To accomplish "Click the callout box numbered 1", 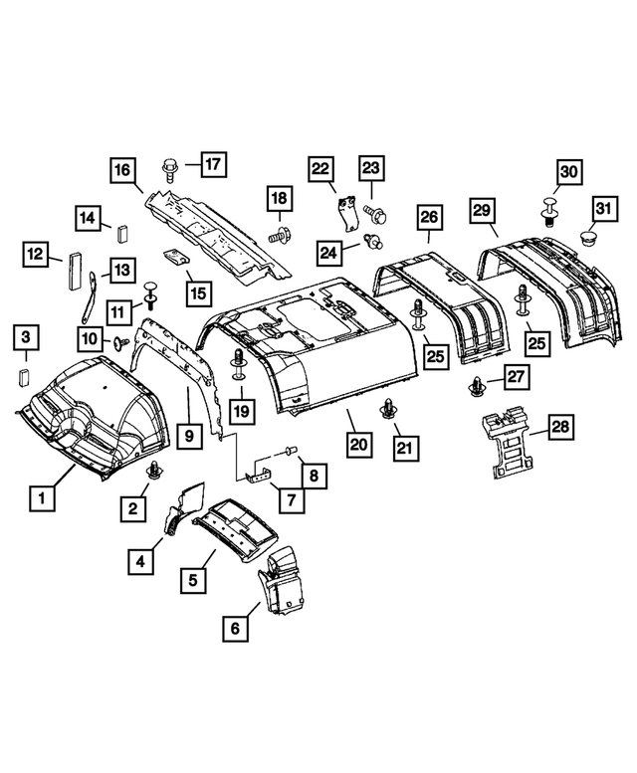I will click(x=41, y=494).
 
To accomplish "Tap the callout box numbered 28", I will click(x=559, y=428).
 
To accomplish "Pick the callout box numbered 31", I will click(x=603, y=208).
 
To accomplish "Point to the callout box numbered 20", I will click(x=357, y=444).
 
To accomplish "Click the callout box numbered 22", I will click(x=320, y=171).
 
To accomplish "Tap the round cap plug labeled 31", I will click(x=586, y=240).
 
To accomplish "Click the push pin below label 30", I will click(x=548, y=211).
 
